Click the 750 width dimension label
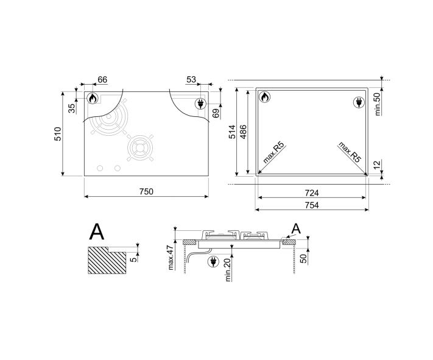point(146,191)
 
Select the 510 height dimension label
point(58,134)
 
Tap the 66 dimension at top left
point(102,80)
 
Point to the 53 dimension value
point(191,80)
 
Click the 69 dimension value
point(216,113)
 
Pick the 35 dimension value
point(72,108)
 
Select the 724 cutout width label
point(312,193)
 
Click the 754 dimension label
point(312,205)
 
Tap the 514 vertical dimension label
point(232,132)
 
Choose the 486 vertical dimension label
point(243,132)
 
